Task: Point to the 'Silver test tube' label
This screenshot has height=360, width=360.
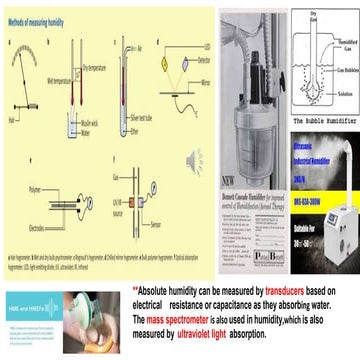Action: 131,119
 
